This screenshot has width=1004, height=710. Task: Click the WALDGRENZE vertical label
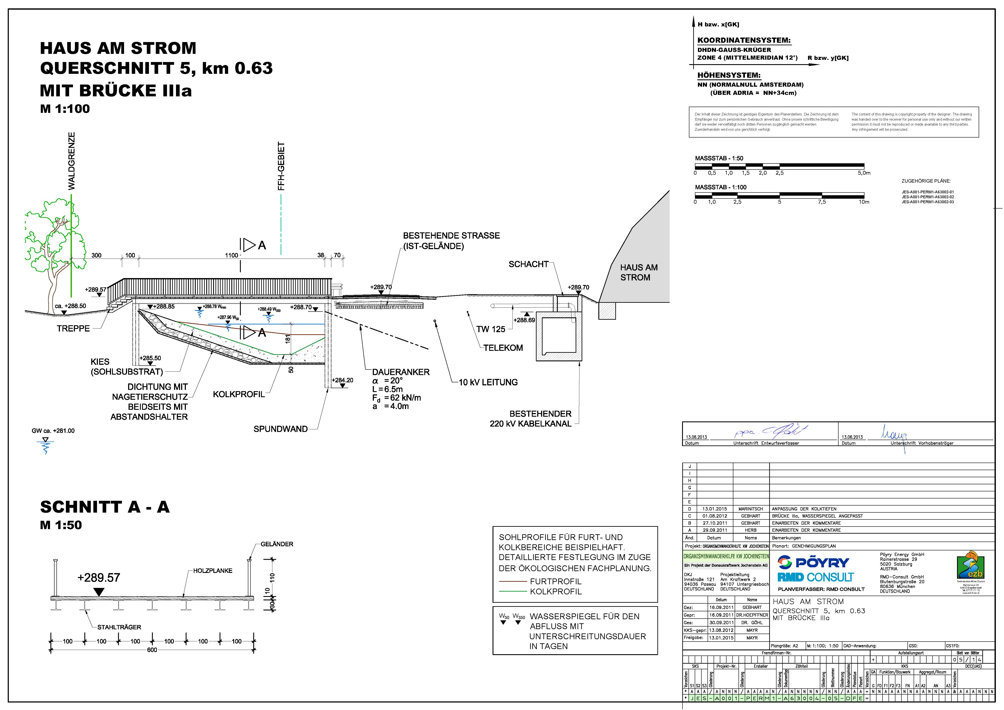(71, 161)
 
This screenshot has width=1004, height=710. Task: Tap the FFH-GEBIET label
(281, 166)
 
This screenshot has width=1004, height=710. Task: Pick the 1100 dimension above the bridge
(231, 255)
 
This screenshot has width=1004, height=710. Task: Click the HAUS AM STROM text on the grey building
(638, 272)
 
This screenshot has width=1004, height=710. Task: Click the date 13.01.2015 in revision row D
(714, 509)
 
